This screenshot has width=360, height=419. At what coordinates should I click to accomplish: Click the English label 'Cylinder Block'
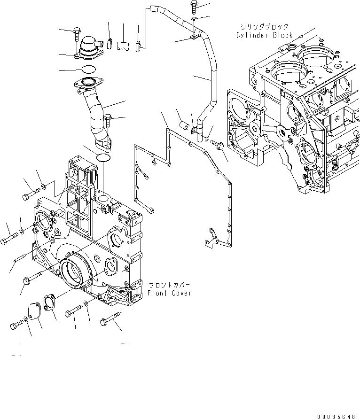(265, 35)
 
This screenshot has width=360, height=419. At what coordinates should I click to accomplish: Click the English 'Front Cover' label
(170, 293)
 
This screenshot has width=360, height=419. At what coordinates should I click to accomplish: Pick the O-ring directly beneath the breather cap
(87, 70)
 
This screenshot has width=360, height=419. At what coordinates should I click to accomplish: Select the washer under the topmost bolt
(194, 18)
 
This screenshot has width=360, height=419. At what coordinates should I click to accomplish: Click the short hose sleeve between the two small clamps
(124, 46)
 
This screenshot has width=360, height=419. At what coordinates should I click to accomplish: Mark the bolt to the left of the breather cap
(77, 34)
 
